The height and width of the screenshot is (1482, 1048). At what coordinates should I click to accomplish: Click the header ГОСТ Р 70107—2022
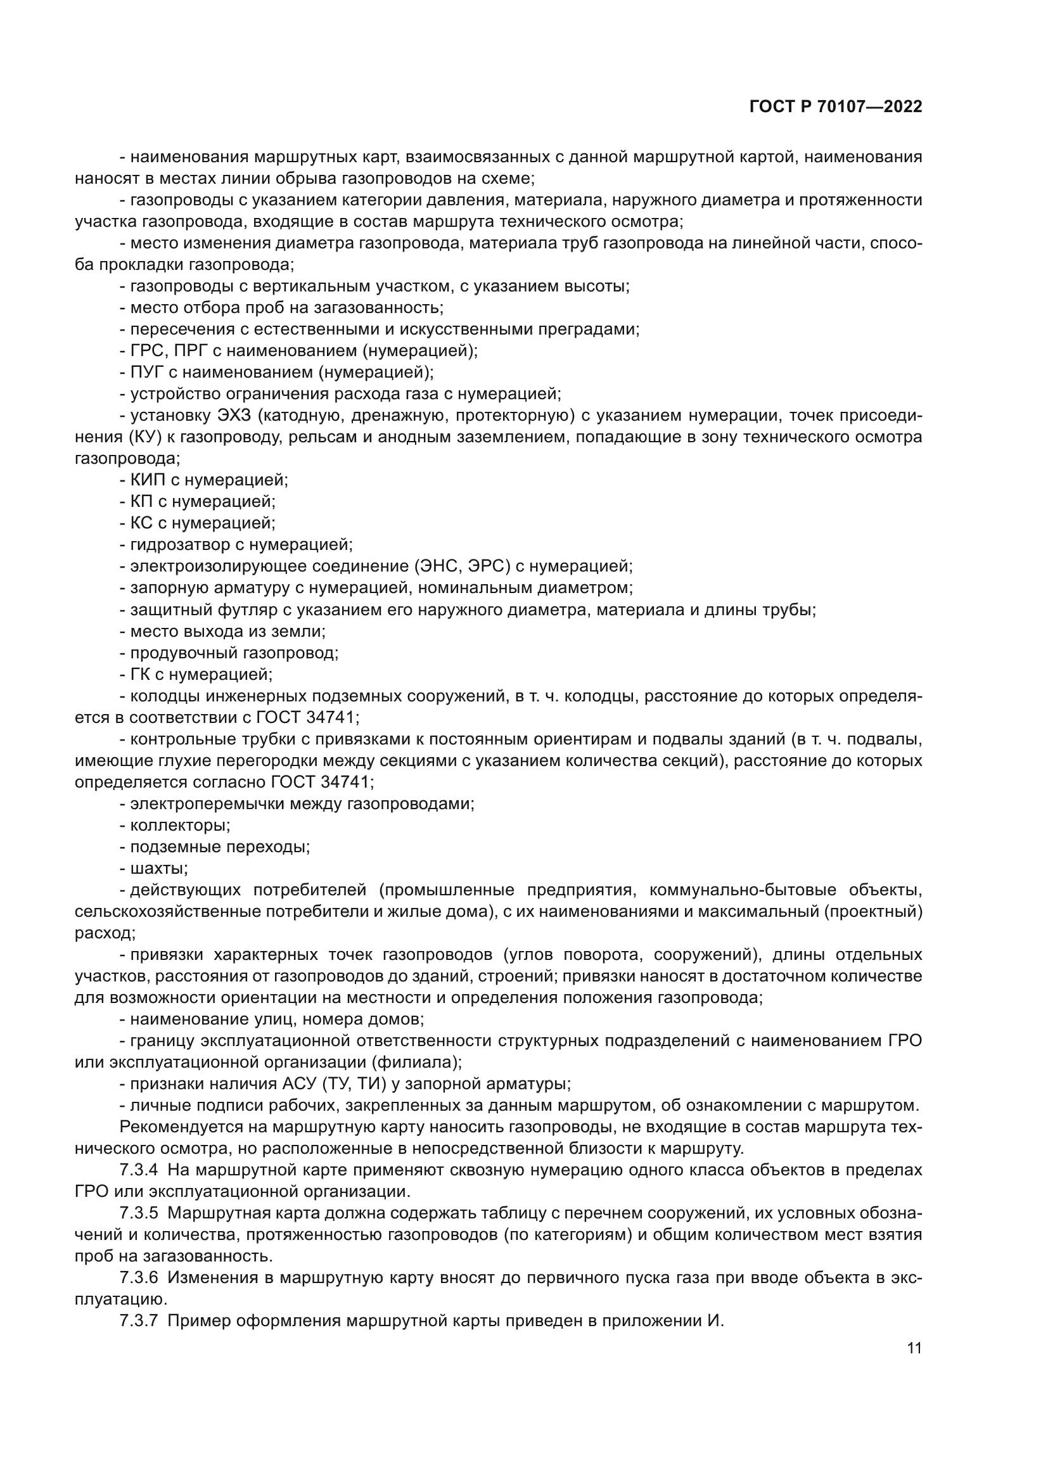tap(836, 107)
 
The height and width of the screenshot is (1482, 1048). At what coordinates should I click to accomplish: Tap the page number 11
tap(914, 1348)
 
